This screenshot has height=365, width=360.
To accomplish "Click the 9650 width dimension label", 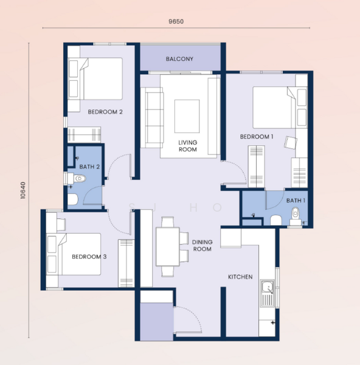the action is coord(176,22).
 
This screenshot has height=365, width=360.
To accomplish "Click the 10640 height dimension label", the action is coord(23,190).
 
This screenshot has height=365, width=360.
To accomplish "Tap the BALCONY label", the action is coord(179,59).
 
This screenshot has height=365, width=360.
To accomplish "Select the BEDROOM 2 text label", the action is coord(105,112).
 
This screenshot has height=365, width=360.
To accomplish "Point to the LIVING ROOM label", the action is coord(187,146).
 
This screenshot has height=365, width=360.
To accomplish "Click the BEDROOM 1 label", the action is coord(257,137).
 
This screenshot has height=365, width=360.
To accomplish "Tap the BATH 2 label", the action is coord(89,167).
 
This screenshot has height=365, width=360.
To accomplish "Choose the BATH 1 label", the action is coord(296,200).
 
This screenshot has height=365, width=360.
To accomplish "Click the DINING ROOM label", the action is coord(202,246).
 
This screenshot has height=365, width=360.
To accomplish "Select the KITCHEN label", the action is coord(240,277).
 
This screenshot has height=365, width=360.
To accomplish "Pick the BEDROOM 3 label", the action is coord(89,257).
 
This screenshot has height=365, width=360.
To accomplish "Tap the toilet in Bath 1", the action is coord(296,216).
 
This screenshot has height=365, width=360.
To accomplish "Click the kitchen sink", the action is coord(267,293).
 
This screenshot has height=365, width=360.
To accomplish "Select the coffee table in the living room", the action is coord(187,116).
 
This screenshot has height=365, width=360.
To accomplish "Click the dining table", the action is coord(168,246).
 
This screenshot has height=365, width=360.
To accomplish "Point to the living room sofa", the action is coord(152,117).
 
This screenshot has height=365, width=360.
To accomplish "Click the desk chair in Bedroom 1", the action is coord(291,143).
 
